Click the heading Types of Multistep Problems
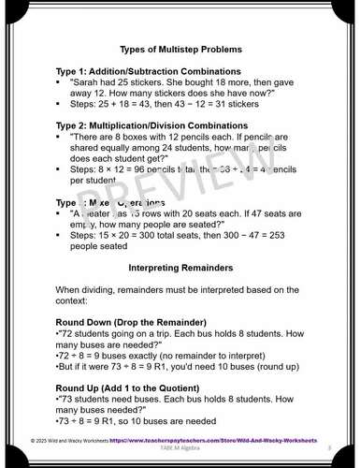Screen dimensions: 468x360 180,48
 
